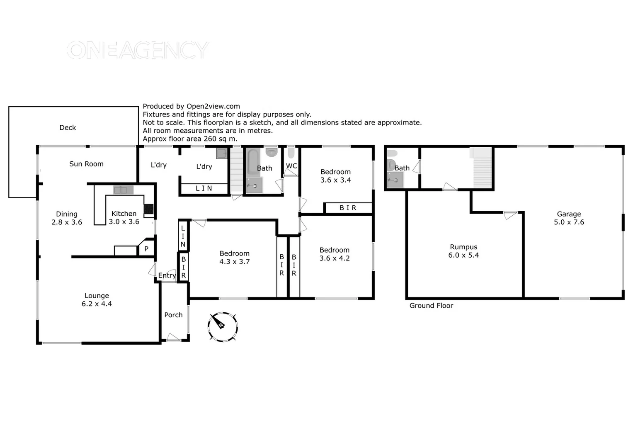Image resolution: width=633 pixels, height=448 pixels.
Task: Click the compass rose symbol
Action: (223, 326)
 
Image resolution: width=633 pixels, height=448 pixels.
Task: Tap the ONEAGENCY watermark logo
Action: (137, 50)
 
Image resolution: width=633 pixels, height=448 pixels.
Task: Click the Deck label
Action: (68, 128)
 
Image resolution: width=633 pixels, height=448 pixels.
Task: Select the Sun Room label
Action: (86, 164)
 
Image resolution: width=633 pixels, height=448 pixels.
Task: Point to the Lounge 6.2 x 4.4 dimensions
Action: (97, 304)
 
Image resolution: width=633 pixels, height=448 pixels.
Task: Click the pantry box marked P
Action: (146, 249)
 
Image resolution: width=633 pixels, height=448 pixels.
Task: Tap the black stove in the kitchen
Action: (148, 209)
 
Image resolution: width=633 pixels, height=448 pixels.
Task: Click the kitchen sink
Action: (123, 190)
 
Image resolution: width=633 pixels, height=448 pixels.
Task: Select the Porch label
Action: (173, 315)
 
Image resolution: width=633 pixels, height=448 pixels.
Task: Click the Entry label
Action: (167, 275)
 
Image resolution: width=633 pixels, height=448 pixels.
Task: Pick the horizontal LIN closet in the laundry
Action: (204, 188)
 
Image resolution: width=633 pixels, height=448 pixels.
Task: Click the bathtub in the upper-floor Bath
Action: (253, 163)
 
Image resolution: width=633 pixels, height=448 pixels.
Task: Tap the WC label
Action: (291, 166)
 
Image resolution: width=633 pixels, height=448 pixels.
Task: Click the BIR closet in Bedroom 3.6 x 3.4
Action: (348, 208)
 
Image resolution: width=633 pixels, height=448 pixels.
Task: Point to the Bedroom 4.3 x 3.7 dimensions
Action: (235, 262)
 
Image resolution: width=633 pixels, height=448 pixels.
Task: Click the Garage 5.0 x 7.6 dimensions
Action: (569, 222)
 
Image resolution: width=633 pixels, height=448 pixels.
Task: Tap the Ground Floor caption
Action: (431, 306)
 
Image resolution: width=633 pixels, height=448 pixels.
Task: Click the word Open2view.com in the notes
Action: (213, 106)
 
